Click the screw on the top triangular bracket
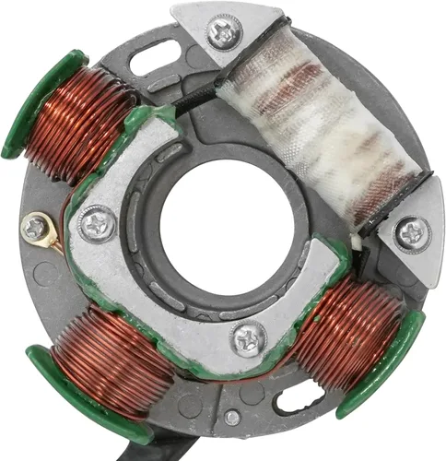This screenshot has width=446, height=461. [x=224, y=34]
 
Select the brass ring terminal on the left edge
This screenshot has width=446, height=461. [x=36, y=228]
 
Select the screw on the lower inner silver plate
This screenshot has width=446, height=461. [x=250, y=337]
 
